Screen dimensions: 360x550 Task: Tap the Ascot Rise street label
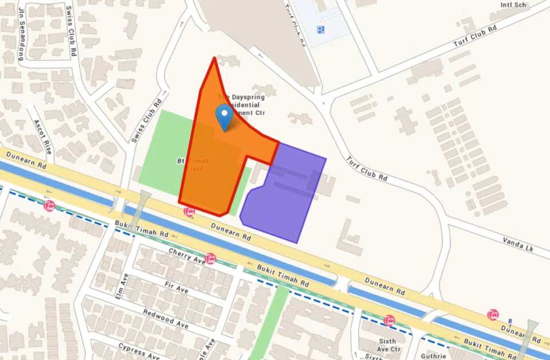42,138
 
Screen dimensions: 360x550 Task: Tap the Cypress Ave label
139,351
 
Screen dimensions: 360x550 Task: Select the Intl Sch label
513,5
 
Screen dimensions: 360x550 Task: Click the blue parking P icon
320,30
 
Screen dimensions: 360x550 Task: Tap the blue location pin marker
223,117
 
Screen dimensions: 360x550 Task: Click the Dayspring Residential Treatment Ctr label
241,105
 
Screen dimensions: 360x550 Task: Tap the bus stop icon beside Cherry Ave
210,259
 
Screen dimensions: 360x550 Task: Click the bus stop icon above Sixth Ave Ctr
390,320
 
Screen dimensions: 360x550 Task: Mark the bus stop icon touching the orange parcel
188,212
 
